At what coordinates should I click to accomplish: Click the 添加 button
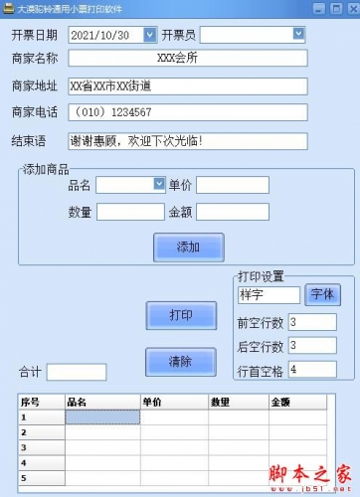[187, 246]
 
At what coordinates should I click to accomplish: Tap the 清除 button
[180, 361]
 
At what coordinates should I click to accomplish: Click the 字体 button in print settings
[323, 294]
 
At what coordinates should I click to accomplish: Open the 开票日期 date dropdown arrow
[150, 35]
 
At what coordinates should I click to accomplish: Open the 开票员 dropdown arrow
[298, 34]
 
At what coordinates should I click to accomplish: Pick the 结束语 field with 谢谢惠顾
[188, 140]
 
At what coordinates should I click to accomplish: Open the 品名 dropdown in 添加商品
[159, 184]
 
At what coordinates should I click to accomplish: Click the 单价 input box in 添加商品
[233, 185]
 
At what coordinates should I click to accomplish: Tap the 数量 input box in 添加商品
[130, 212]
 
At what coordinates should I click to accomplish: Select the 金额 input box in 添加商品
[233, 212]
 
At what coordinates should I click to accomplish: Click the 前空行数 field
[312, 322]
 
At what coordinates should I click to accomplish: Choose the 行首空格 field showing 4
[312, 369]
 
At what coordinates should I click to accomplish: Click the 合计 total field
[76, 373]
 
